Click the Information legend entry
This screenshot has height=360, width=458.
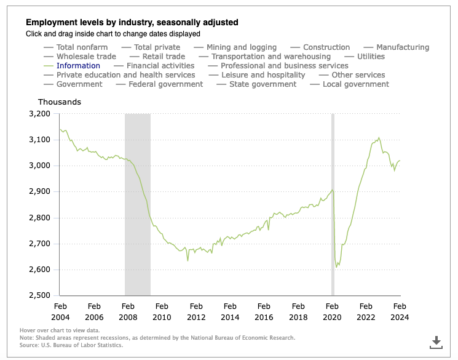(x=78, y=66)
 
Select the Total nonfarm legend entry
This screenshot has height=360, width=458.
(x=82, y=47)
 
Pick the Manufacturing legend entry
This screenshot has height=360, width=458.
(x=402, y=47)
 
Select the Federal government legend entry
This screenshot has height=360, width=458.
(x=166, y=84)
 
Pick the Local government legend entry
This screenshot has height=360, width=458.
(x=355, y=84)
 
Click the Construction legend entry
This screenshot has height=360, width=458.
(x=326, y=47)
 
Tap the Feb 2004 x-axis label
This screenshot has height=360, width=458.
(x=60, y=311)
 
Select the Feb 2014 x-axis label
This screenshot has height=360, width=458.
(x=230, y=311)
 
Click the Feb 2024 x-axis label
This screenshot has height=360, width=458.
(x=400, y=311)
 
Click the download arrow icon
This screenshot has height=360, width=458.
(x=436, y=341)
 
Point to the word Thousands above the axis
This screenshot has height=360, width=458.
(x=60, y=102)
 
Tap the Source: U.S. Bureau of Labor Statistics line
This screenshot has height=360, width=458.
(x=71, y=345)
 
